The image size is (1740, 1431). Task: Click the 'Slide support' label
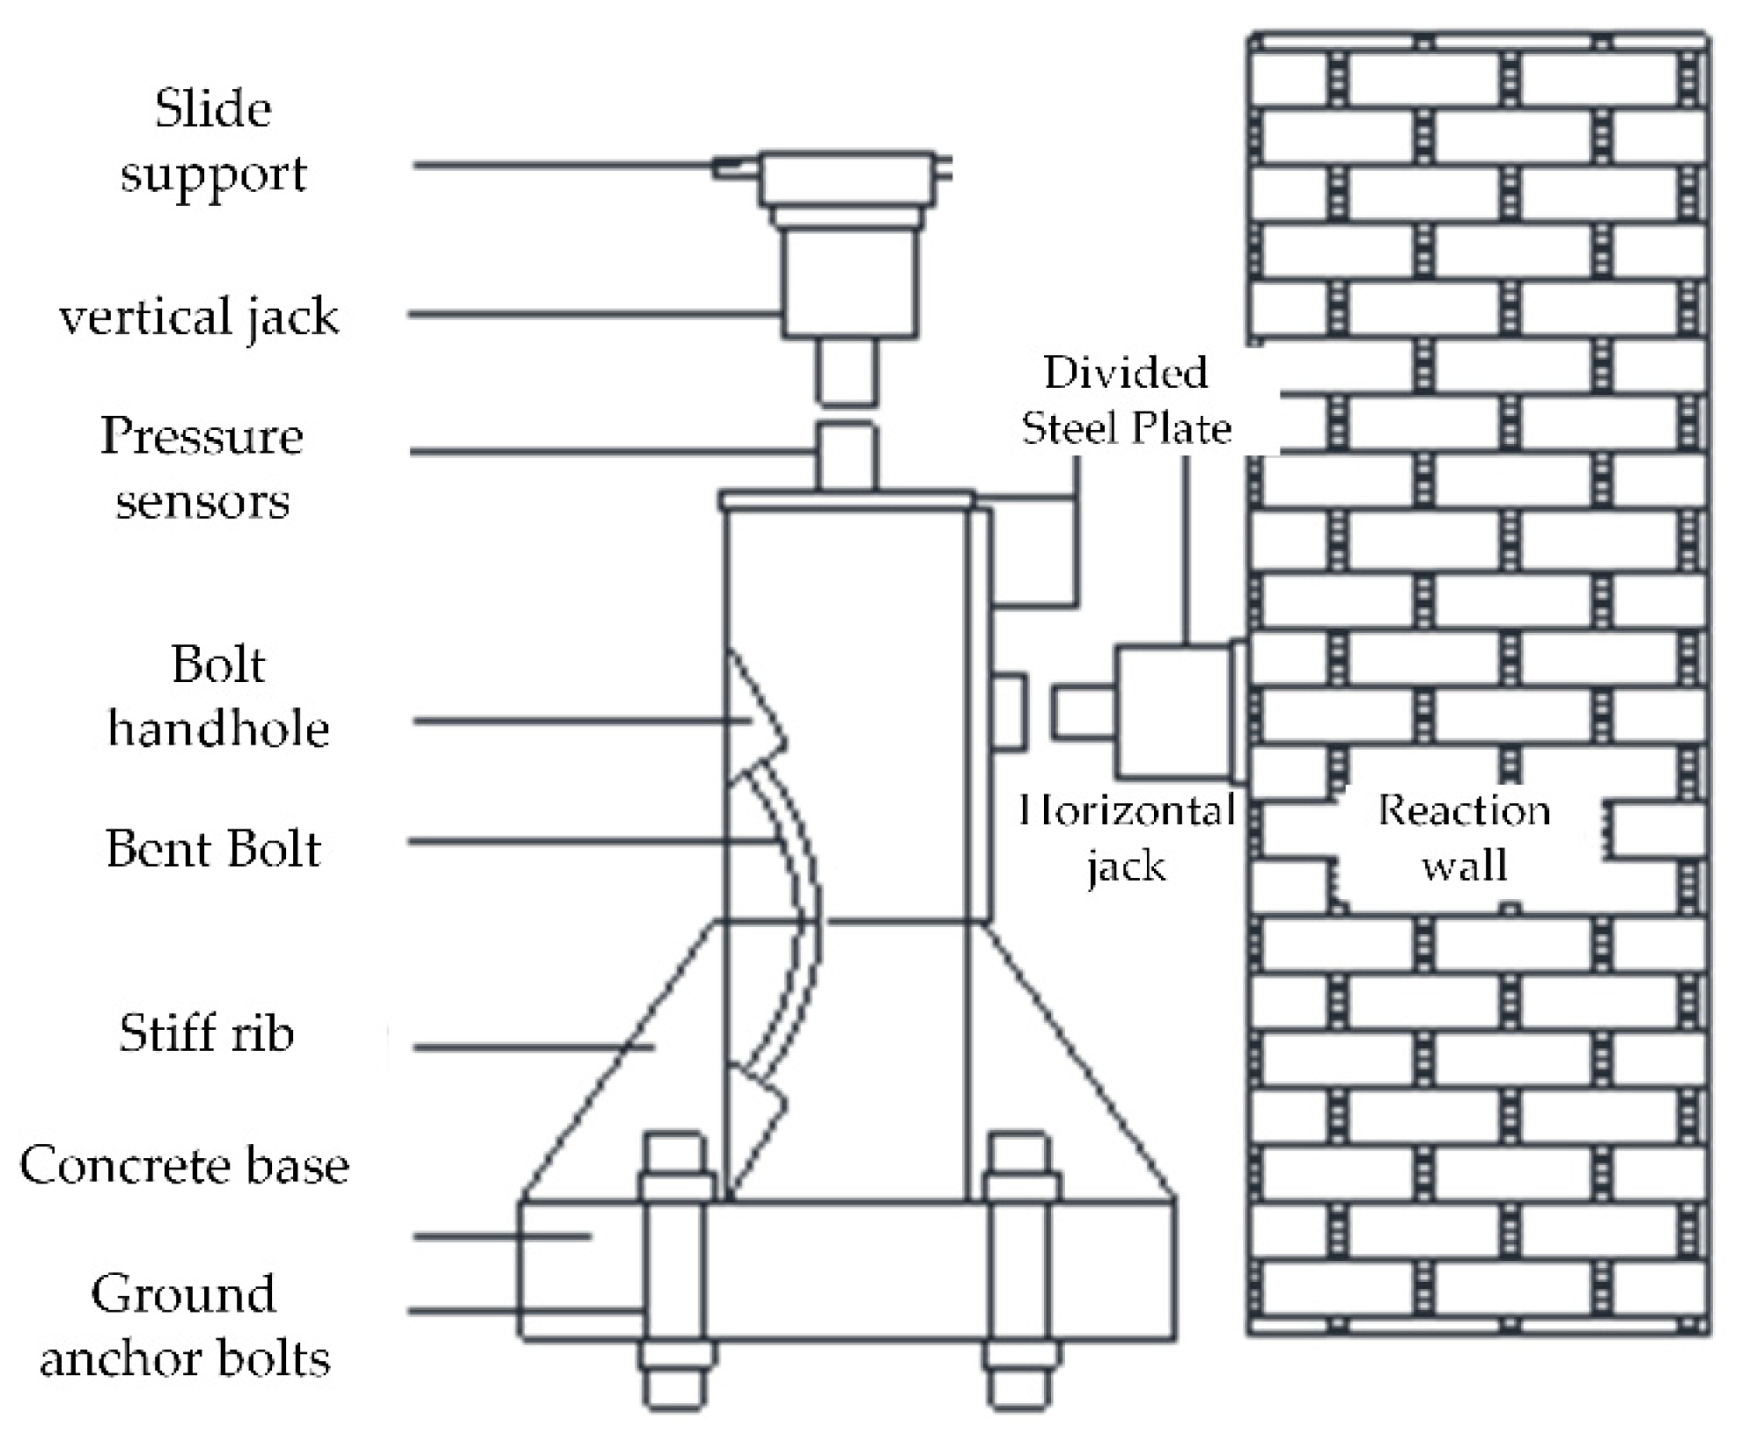point(213,141)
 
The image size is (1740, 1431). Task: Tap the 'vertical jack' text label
point(199,316)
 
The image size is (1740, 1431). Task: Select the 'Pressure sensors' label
point(201,467)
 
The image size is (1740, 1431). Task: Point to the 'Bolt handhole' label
point(218,696)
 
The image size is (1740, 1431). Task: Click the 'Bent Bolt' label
point(214,848)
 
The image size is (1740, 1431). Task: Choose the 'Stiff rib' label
point(207,1033)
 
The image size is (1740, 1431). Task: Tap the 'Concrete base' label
point(184,1165)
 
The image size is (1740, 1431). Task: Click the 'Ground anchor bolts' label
point(185,1326)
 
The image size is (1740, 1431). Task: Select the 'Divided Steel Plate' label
point(1126,400)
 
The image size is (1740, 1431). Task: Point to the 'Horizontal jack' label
point(1126,838)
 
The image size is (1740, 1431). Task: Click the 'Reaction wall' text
point(1464,837)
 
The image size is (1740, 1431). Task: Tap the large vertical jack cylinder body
point(849,281)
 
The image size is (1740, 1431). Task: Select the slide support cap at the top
point(846,179)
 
